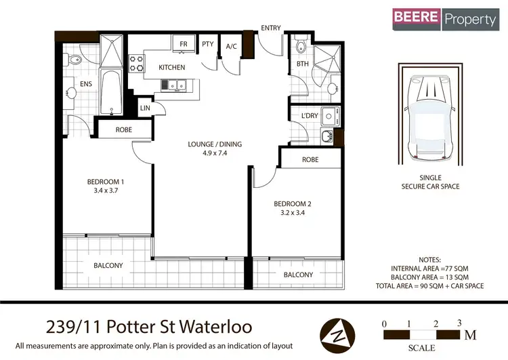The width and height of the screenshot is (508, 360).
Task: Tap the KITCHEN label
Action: (172, 68)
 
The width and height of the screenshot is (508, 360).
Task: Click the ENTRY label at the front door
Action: (271, 28)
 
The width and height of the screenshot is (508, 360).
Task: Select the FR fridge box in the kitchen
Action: (183, 45)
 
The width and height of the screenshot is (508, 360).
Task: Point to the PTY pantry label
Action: (207, 45)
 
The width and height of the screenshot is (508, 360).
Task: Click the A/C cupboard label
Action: (231, 46)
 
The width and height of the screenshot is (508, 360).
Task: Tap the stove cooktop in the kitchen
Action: (137, 63)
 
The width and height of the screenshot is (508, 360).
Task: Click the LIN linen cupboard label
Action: (145, 108)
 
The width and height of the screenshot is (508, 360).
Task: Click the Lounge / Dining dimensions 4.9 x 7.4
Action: (214, 153)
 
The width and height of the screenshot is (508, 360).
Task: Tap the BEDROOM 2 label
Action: (291, 203)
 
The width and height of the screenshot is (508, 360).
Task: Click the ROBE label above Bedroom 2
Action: (310, 160)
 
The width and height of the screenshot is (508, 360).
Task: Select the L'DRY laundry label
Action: (310, 116)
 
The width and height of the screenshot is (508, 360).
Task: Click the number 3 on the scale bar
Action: (459, 323)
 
